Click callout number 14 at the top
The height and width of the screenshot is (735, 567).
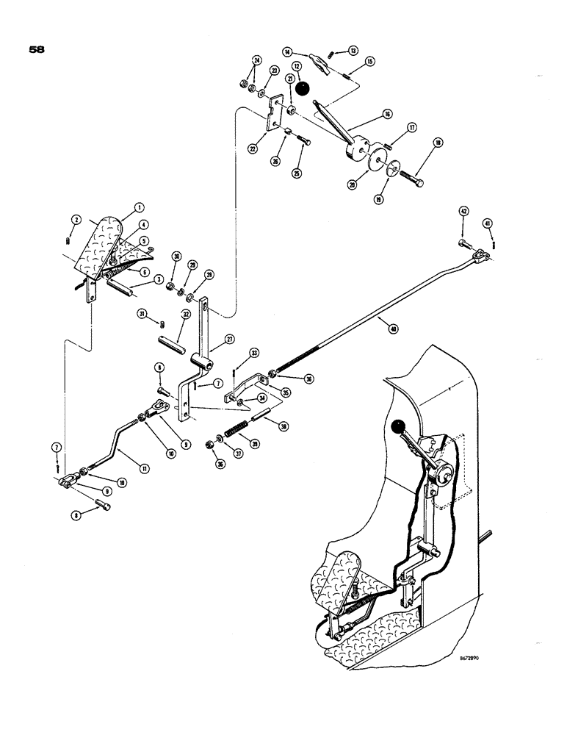286,51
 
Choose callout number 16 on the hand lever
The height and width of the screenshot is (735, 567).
387,115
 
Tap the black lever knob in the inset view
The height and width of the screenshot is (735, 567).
400,427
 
